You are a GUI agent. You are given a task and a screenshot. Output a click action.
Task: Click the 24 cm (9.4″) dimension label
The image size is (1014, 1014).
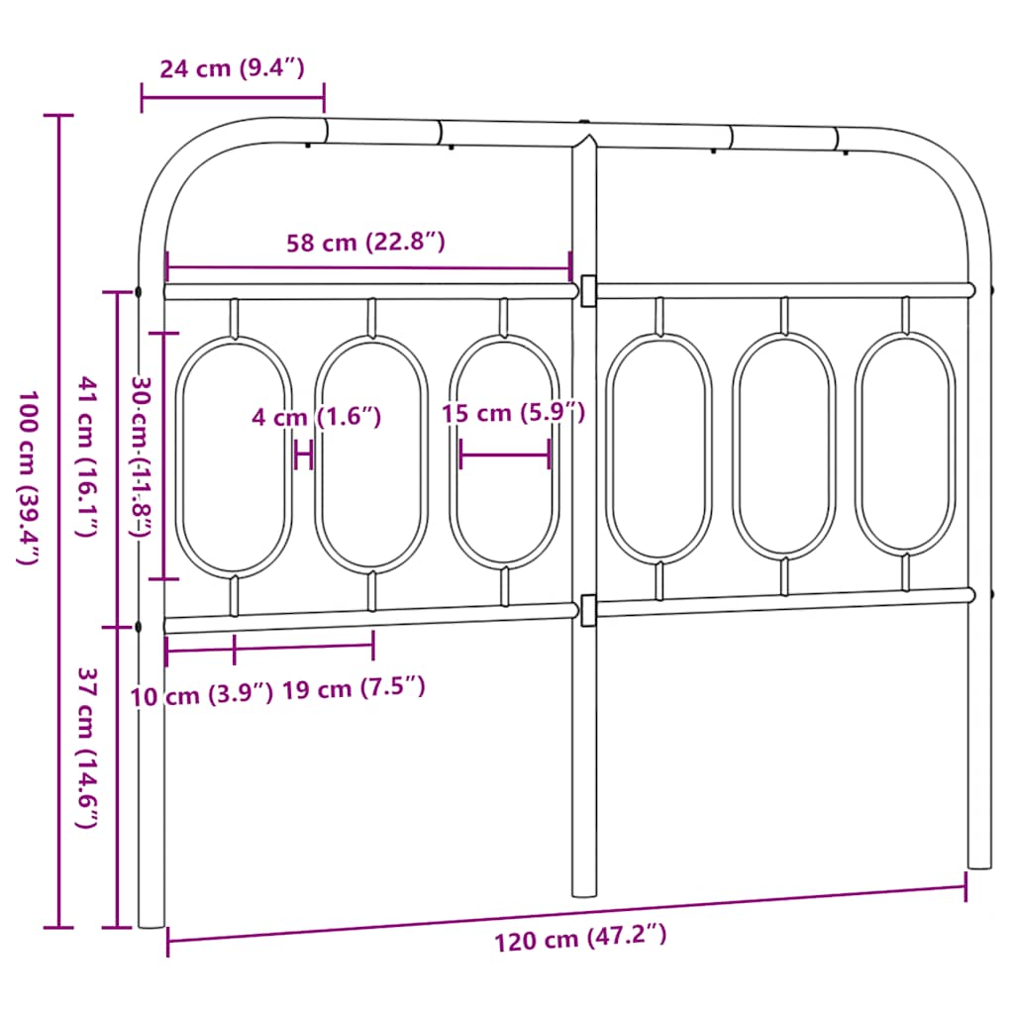[x=232, y=68]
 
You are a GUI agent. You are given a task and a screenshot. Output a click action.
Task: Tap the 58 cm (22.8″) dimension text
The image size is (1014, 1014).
[x=366, y=241]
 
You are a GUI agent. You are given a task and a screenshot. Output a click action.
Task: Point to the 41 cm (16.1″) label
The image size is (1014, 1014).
[x=88, y=456]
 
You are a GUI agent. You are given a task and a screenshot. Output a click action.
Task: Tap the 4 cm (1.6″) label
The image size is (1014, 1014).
[x=316, y=417]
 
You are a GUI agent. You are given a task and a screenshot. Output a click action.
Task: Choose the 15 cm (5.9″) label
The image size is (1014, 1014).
[x=514, y=413]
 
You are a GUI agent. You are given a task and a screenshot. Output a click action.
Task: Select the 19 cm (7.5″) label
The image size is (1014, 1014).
[x=354, y=688]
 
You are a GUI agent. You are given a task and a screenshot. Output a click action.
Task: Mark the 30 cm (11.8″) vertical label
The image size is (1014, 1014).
[x=142, y=456]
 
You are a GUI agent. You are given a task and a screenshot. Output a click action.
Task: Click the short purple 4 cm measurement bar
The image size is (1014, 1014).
[x=304, y=456]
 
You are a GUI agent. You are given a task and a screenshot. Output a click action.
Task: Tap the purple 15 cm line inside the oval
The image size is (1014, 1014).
[x=505, y=456]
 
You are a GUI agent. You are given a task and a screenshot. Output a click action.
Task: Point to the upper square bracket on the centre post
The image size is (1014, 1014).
[x=588, y=289]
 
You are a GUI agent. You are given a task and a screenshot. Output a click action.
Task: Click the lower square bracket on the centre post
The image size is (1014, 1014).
[x=588, y=610]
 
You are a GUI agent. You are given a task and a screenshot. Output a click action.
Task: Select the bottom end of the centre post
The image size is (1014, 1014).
[x=584, y=891]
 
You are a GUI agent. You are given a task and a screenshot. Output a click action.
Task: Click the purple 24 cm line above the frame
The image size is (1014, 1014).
[x=233, y=97]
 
